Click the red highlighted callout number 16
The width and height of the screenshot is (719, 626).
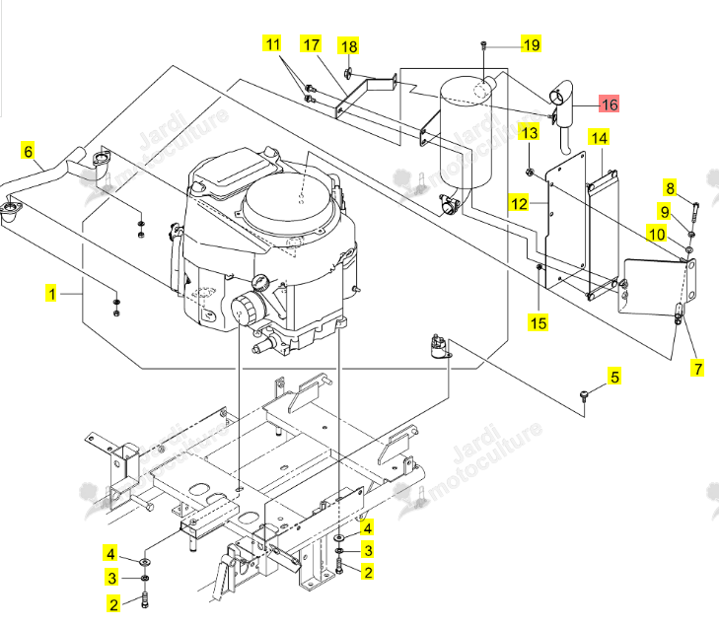[x=610, y=104]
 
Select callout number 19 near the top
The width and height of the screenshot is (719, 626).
[x=531, y=45]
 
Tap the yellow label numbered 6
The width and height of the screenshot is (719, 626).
[x=29, y=151]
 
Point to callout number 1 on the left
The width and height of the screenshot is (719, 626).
[x=52, y=294]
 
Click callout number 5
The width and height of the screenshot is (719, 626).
[x=614, y=377]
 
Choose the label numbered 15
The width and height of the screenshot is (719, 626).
[x=539, y=323]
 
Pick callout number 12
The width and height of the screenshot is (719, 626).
[x=519, y=203]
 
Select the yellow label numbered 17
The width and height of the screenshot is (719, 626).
[x=311, y=44]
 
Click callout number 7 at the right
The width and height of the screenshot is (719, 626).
[x=697, y=369]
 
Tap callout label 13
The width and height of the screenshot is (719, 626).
[x=530, y=132]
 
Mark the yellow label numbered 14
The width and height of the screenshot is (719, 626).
[x=599, y=137]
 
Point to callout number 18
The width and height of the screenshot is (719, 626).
[x=349, y=46]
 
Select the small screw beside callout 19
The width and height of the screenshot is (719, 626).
[x=483, y=44]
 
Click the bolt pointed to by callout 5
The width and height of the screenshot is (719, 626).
[x=584, y=396]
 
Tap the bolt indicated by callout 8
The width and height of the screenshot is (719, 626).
[x=694, y=211]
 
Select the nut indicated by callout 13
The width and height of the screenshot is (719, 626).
[x=529, y=173]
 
